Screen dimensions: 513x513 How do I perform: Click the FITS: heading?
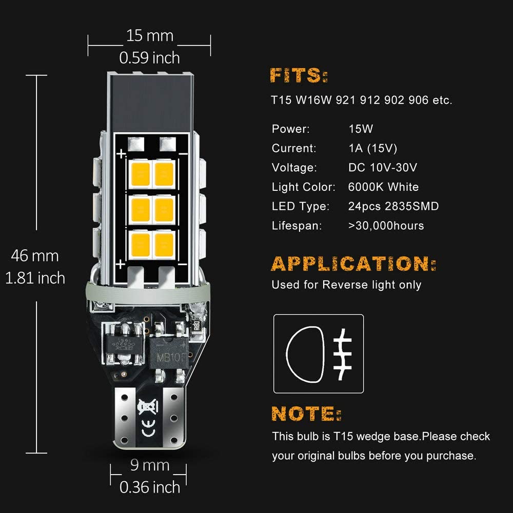pos(299,76)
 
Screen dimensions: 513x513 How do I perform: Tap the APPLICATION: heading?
pos(353,264)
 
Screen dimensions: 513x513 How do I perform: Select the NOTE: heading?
pos(306,413)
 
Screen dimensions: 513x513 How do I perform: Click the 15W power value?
pos(360,129)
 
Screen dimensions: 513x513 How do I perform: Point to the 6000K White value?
pos(383,187)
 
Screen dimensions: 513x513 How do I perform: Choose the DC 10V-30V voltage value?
pos(381,167)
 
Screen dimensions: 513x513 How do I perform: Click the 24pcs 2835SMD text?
pos(393,206)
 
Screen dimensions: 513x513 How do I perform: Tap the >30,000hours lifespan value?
pos(386,226)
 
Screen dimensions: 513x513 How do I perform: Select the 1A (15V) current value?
pos(372,148)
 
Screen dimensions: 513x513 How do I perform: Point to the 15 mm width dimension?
pos(150,36)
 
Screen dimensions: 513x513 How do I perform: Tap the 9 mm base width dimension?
pos(150,465)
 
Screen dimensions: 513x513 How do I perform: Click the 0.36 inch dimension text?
pos(150,487)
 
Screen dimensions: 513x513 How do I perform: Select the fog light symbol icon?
pos(319,354)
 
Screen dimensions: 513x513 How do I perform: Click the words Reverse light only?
pos(371,285)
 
